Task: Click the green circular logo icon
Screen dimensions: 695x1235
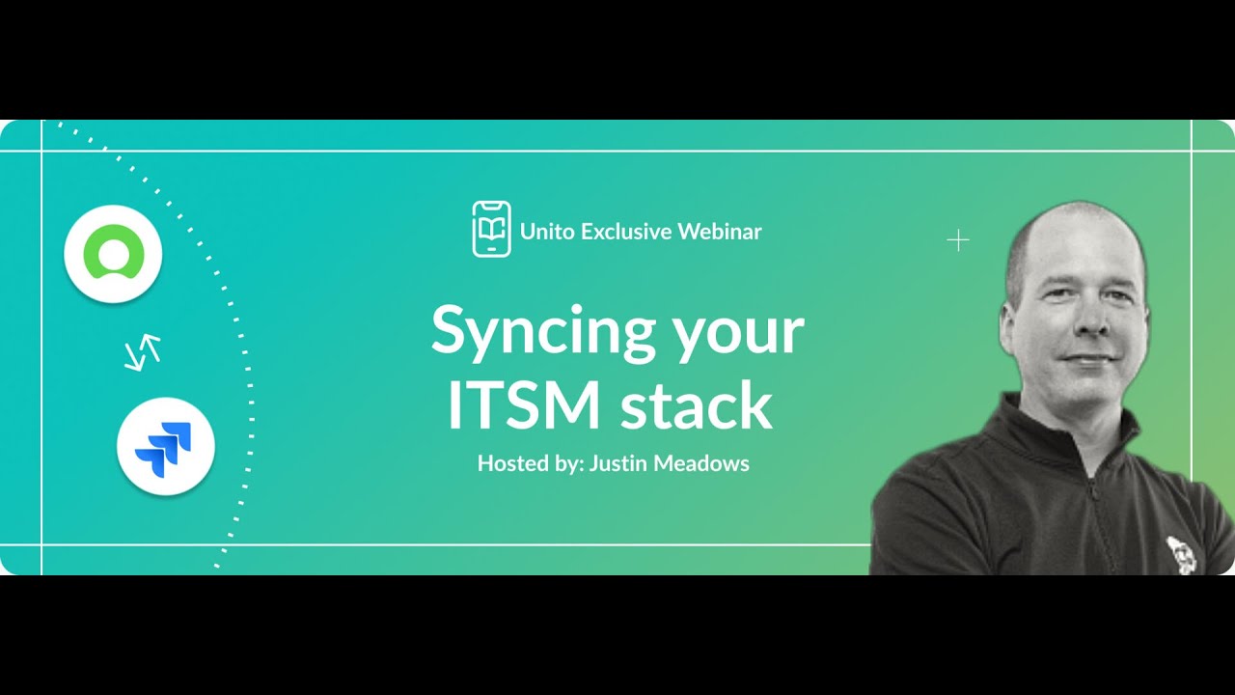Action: point(113,254)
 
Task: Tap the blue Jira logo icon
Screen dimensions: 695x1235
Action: point(165,447)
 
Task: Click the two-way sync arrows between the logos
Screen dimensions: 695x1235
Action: point(143,353)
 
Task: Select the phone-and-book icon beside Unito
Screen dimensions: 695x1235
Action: point(491,229)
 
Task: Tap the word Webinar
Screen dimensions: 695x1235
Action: point(719,232)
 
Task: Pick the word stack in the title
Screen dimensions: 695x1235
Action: point(696,407)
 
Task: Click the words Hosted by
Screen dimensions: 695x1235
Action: point(529,463)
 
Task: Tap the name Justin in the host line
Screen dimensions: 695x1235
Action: point(618,464)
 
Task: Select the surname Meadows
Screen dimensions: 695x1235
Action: point(701,463)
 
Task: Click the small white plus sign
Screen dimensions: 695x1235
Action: point(957,240)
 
